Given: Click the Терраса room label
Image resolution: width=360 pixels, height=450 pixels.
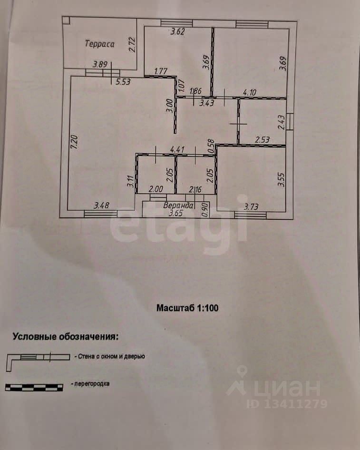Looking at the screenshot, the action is (x=99, y=44).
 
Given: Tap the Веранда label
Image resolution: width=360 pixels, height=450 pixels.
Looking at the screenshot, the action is (x=178, y=205).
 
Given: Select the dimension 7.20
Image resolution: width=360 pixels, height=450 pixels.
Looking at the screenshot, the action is (x=74, y=142).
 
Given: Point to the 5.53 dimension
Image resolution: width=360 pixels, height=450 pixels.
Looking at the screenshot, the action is (x=123, y=82).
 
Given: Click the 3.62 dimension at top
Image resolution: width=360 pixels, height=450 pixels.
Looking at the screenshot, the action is (x=177, y=31).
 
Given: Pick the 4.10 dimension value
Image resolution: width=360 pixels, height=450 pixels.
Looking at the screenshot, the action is (x=250, y=92).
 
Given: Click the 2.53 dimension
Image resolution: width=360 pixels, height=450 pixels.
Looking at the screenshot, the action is (x=262, y=140).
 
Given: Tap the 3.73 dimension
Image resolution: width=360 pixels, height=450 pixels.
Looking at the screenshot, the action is (x=251, y=206).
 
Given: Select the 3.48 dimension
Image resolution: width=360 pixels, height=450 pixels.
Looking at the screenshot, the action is (x=102, y=205).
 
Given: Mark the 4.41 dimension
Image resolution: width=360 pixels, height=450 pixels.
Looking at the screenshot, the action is (x=177, y=149).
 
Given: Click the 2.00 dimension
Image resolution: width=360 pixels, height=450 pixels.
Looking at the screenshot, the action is (x=156, y=189).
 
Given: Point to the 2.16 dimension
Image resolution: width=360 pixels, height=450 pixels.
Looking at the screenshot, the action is (x=195, y=189).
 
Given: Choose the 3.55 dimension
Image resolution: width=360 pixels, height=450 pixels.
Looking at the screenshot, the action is (x=282, y=180).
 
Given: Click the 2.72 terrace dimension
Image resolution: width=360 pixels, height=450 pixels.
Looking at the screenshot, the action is (x=132, y=45).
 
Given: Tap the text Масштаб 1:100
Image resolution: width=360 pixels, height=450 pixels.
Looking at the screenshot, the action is (x=187, y=308).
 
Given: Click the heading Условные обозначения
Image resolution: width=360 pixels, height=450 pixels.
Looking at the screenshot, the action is (x=66, y=336).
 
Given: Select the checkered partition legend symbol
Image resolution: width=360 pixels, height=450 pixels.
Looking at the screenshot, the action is (x=34, y=387).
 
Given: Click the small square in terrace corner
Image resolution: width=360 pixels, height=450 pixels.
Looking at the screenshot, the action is (x=66, y=20).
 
